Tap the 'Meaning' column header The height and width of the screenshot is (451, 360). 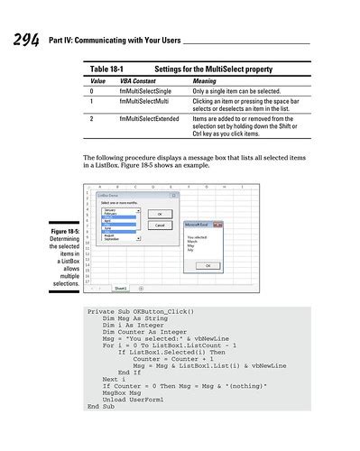pos(205,81)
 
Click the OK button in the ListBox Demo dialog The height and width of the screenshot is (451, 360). pos(160,213)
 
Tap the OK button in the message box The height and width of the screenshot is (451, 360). pos(209,265)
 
